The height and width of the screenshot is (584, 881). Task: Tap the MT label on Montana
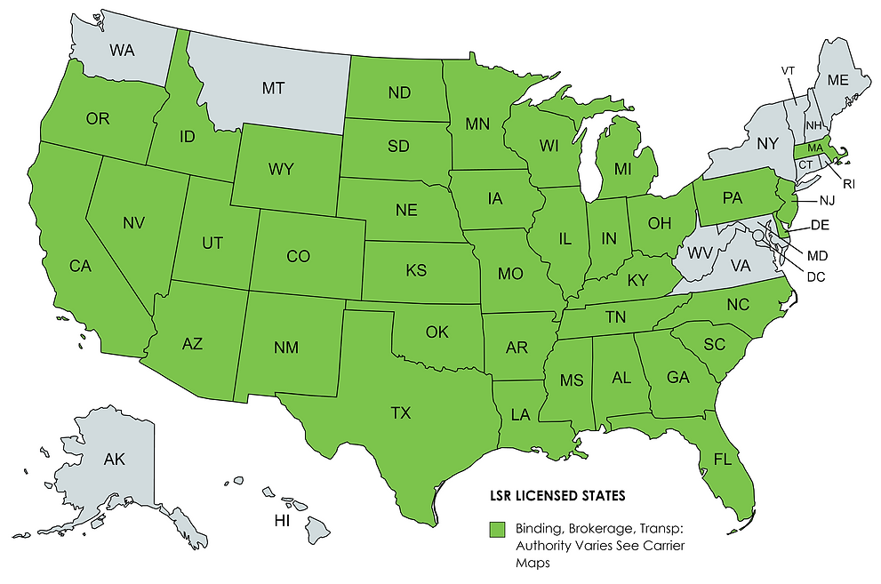pos(273,88)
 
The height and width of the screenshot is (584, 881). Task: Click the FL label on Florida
pos(722,460)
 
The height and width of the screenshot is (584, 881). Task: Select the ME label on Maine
pos(837,79)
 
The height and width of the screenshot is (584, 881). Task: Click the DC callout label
pos(816,276)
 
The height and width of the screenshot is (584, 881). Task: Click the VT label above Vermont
pos(788,70)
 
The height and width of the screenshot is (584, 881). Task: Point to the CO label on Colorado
pos(298,257)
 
